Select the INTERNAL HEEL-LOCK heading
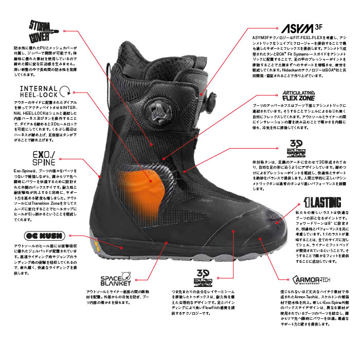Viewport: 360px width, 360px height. pos(39,92)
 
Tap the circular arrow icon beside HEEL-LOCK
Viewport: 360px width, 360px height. pos(65,92)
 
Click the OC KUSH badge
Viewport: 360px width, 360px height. pos(32,237)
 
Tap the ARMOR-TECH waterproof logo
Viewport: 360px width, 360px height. pos(308,281)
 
